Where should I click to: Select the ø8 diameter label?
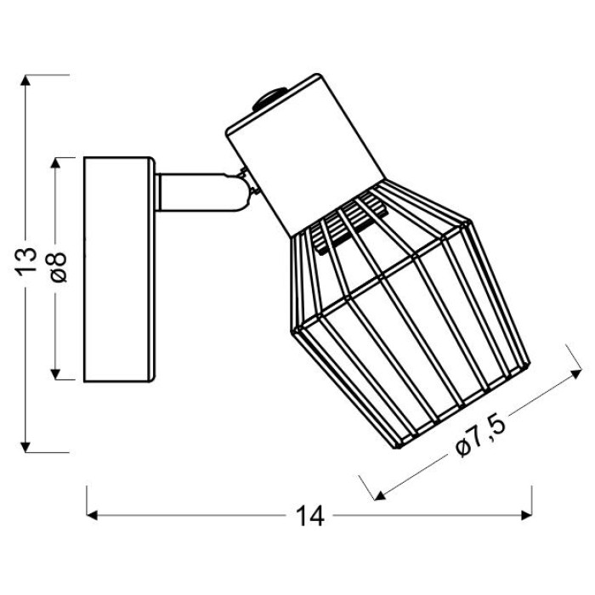[x=57, y=267]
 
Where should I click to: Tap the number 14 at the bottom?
[x=309, y=516]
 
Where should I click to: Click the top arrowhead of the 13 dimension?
[x=25, y=80]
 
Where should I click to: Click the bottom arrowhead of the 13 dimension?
[x=25, y=447]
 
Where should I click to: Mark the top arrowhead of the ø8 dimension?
[x=55, y=163]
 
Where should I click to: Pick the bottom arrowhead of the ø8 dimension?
[x=55, y=374]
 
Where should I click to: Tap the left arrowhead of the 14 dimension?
[x=92, y=515]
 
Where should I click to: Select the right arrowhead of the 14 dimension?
[x=527, y=515]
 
